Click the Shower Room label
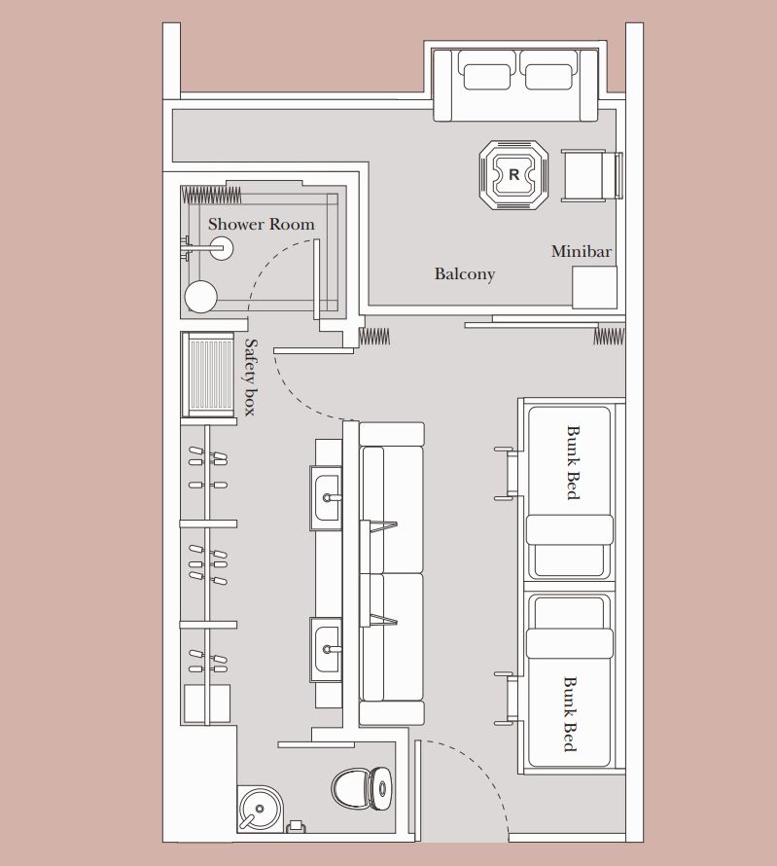261,224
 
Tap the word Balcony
465,274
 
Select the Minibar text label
582,251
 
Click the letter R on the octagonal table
513,174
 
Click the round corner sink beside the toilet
260,810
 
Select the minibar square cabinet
594,288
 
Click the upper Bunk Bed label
574,463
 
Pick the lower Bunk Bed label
570,714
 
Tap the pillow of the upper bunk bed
570,530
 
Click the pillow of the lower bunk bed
570,643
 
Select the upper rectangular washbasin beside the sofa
326,498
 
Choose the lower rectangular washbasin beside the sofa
326,650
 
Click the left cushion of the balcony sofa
487,77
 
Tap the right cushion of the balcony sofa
547,77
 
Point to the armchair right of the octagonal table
591,175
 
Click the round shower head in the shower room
222,248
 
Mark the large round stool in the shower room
201,297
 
